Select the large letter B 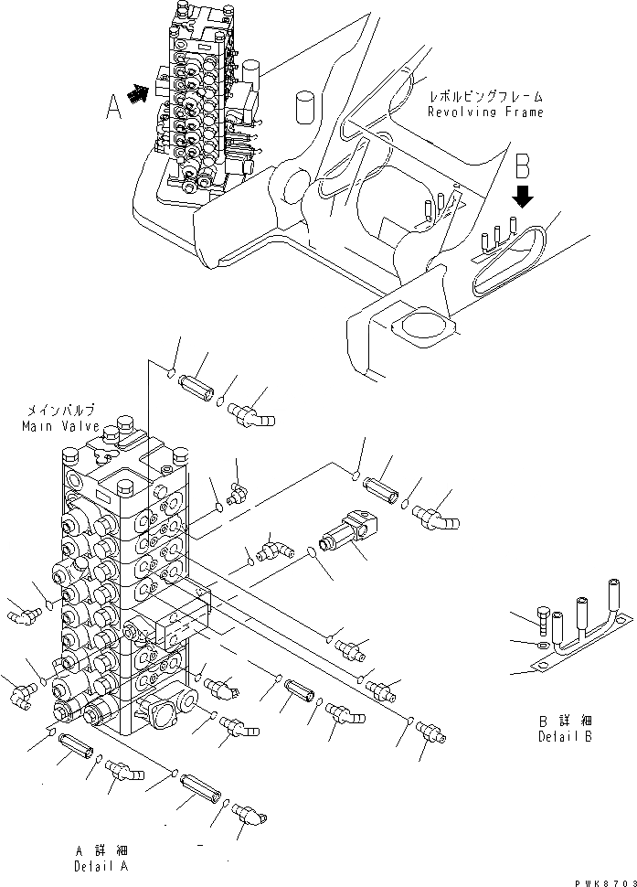(523, 167)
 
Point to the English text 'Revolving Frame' (485, 112)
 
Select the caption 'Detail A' (102, 865)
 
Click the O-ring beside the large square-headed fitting (312, 552)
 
